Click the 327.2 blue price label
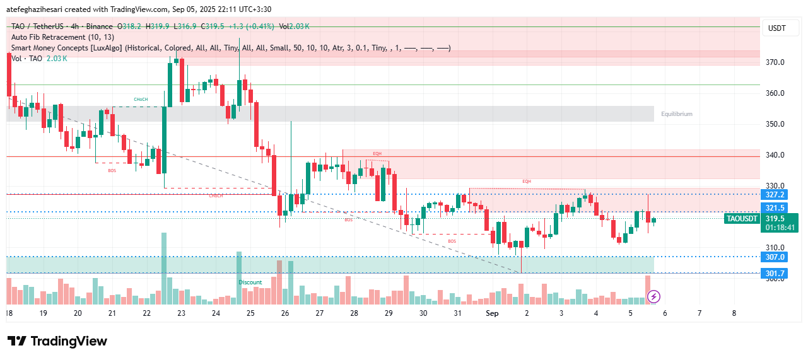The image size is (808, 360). (775, 195)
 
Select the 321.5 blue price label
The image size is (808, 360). (775, 208)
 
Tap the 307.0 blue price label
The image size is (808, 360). (775, 257)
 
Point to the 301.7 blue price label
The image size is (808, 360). (775, 273)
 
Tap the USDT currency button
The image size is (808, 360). (776, 28)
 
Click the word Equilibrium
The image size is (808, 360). (676, 114)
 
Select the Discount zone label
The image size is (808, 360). (250, 282)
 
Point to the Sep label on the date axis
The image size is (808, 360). (492, 313)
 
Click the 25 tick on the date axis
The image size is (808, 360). (250, 313)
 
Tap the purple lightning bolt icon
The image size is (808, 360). (654, 296)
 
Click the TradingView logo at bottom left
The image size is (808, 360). (57, 341)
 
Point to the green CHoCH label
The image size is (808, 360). (141, 100)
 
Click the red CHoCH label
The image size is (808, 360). (216, 196)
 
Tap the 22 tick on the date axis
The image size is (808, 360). (146, 313)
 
